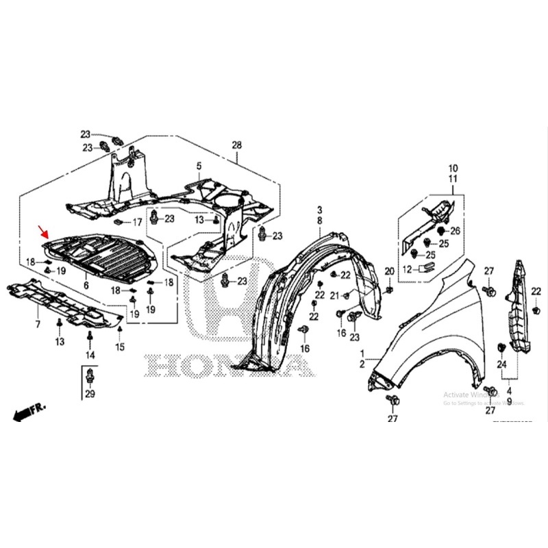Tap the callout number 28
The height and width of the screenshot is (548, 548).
pyautogui.click(x=237, y=145)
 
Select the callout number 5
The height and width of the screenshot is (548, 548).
pyautogui.click(x=199, y=166)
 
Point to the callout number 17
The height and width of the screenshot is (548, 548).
pyautogui.click(x=136, y=222)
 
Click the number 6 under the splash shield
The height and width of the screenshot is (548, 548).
pyautogui.click(x=86, y=284)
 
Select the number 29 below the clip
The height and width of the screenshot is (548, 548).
pyautogui.click(x=90, y=394)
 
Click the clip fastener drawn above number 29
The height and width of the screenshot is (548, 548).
pyautogui.click(x=90, y=375)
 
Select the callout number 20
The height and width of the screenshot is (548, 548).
pyautogui.click(x=389, y=272)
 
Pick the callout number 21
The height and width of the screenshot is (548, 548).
pyautogui.click(x=334, y=295)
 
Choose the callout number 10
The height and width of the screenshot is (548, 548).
pyautogui.click(x=452, y=168)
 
